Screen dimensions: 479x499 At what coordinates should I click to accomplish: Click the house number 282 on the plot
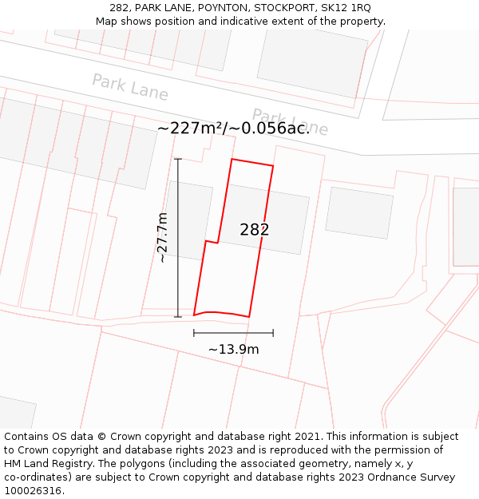pyautogui.click(x=255, y=230)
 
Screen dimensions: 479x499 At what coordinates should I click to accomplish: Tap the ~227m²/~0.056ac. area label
pyautogui.click(x=233, y=128)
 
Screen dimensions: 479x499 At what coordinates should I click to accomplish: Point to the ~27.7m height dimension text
pyautogui.click(x=162, y=238)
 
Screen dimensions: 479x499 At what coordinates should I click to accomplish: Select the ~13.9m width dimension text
pyautogui.click(x=233, y=349)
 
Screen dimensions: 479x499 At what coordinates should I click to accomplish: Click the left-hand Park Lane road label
pyautogui.click(x=130, y=87)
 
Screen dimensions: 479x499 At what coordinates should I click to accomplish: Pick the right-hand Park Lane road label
pyautogui.click(x=290, y=121)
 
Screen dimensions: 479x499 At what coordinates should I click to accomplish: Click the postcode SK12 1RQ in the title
pyautogui.click(x=345, y=8)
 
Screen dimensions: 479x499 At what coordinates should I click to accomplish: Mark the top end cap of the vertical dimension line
pyautogui.click(x=178, y=160)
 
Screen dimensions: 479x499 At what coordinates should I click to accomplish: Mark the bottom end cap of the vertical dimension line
pyautogui.click(x=178, y=317)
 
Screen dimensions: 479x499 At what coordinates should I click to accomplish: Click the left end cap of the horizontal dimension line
pyautogui.click(x=194, y=333)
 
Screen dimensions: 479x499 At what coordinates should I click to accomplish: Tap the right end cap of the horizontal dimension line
pyautogui.click(x=273, y=333)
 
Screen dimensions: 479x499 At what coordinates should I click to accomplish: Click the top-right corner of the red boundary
pyautogui.click(x=273, y=166)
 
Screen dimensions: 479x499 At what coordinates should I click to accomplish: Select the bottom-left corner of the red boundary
pyautogui.click(x=194, y=315)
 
